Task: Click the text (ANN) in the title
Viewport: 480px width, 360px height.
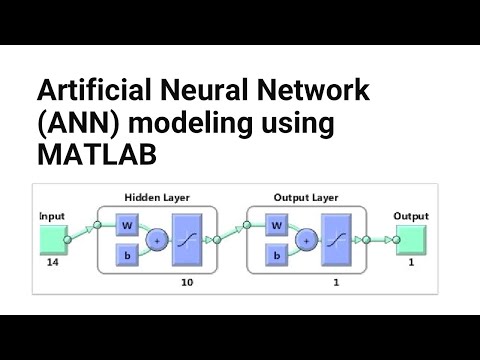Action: [x=70, y=125]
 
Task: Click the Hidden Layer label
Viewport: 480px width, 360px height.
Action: [x=157, y=198]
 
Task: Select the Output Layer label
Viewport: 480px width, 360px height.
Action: [x=306, y=198]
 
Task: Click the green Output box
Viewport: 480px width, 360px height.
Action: [x=411, y=239]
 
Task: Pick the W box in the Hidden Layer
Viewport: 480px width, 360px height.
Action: [x=126, y=225]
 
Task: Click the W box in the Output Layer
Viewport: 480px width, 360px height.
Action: [x=275, y=225]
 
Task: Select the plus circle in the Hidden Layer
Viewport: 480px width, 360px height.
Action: [x=156, y=240]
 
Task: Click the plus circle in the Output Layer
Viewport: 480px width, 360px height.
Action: [x=305, y=240]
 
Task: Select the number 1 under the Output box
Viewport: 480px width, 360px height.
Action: [x=410, y=263]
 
